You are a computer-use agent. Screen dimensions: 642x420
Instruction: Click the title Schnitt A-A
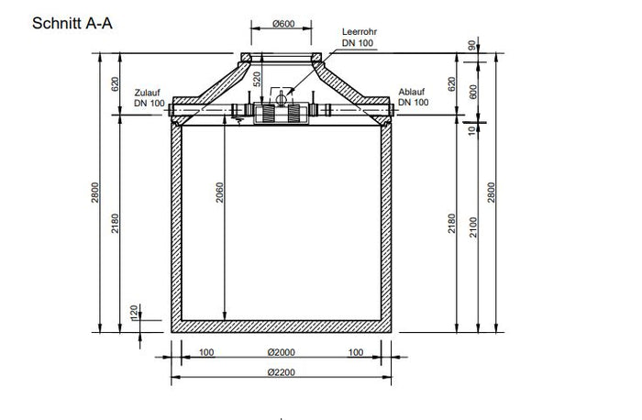point(72,23)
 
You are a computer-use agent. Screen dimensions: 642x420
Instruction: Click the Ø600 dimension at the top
point(283,24)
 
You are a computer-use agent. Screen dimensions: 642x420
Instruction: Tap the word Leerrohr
point(360,31)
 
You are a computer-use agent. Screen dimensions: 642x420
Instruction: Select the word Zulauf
point(148,93)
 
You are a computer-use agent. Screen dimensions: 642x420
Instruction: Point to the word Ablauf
point(412,92)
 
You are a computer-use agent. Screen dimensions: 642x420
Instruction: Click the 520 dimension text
point(257,79)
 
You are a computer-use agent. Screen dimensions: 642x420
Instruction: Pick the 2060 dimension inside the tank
point(220,193)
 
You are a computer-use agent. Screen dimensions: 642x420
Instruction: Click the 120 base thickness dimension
point(134,313)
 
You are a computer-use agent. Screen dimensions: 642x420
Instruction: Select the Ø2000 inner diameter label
point(281,352)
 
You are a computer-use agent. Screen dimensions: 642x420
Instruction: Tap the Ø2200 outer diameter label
point(281,372)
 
